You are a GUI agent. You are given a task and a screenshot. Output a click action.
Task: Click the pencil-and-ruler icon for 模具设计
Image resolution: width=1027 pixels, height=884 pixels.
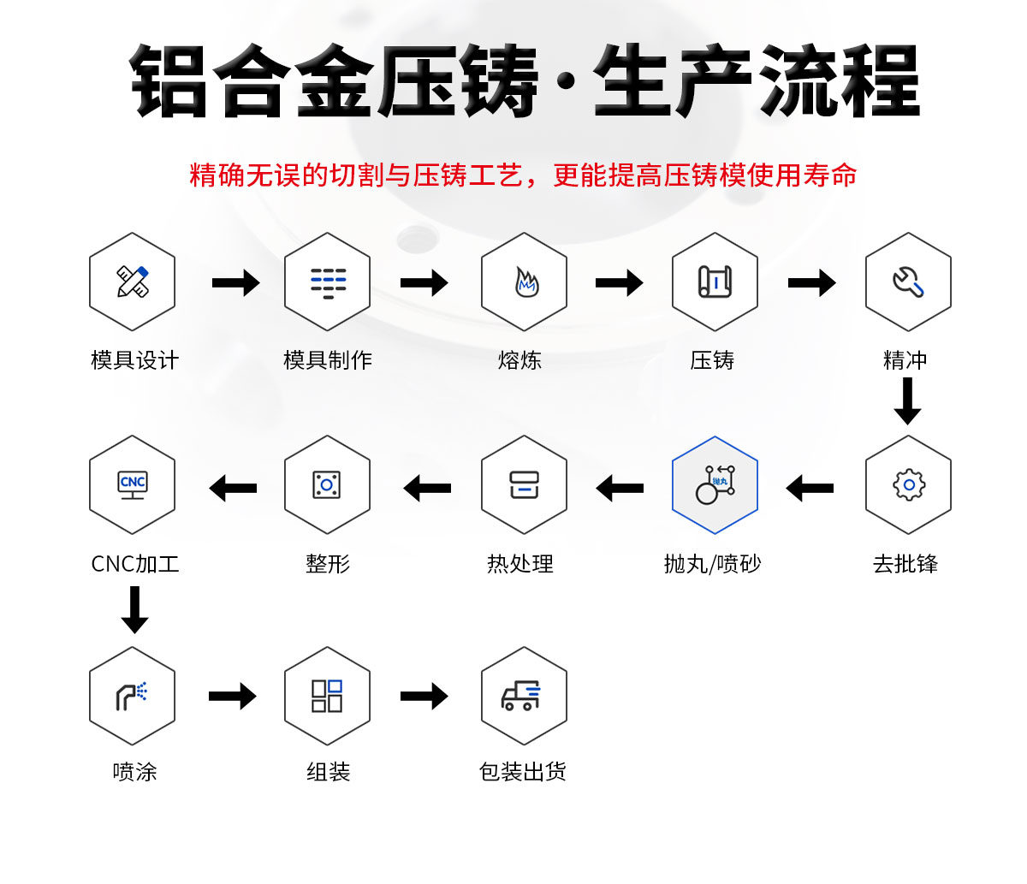[x=133, y=282]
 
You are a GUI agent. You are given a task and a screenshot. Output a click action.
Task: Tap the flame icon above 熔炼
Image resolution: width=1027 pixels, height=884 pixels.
[x=525, y=282]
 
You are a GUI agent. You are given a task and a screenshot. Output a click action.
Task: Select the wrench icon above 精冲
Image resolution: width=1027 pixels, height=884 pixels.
[x=908, y=282]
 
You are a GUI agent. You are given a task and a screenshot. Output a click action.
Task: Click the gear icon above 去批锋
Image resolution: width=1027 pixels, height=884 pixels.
[x=908, y=485]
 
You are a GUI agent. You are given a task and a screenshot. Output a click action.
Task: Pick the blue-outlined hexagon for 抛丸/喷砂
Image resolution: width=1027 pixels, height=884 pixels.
[x=715, y=485]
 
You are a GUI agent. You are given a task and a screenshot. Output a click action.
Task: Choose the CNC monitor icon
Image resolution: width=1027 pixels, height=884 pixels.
[x=133, y=485]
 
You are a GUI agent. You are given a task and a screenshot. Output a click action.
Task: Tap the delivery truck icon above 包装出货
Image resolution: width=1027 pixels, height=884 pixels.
[x=522, y=696]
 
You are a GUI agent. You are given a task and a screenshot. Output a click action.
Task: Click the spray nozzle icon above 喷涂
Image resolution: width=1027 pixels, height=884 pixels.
[x=133, y=696]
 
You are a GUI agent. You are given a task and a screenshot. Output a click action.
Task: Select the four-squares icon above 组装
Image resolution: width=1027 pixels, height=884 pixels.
[x=327, y=696]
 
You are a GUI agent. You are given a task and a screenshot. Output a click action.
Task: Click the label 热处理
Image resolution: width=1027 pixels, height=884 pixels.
[x=520, y=564]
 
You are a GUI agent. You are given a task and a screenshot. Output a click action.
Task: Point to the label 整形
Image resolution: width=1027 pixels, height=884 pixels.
[x=328, y=564]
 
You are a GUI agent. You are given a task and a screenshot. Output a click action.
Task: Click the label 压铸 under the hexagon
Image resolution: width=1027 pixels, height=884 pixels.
[x=712, y=360]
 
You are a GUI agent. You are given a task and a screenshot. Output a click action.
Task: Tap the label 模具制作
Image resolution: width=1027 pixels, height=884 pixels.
[x=328, y=360]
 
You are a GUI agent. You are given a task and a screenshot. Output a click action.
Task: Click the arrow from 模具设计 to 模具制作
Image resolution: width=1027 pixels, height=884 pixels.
[x=235, y=282]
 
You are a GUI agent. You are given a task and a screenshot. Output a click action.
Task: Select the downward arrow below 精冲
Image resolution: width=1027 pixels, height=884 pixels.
[x=907, y=400]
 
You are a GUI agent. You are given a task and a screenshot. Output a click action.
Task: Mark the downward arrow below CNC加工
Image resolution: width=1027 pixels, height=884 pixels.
[x=134, y=609]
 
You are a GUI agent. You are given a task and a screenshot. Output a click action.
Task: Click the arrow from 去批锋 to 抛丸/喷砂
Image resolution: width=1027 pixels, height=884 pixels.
[x=810, y=489]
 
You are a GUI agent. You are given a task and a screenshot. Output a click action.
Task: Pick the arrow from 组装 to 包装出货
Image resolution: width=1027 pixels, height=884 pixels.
[x=424, y=696]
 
